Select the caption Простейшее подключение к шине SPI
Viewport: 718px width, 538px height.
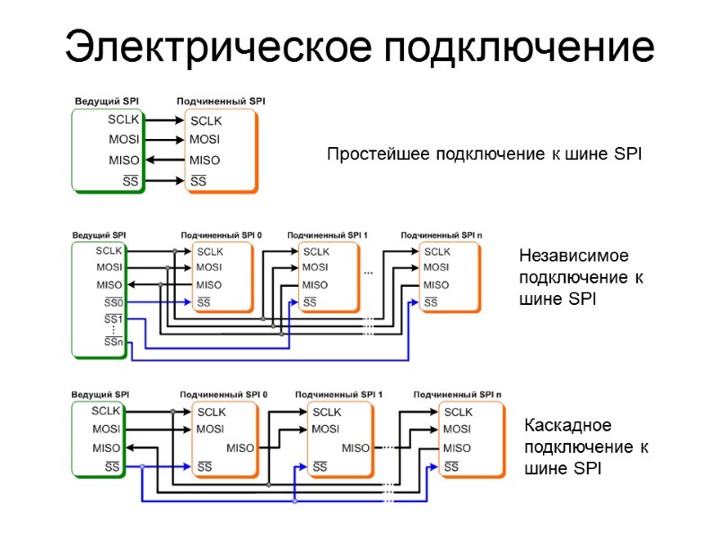[x=484, y=154]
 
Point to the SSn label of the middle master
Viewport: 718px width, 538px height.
[x=113, y=341]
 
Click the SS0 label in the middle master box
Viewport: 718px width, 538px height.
[x=112, y=302]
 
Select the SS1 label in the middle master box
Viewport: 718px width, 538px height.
[x=113, y=319]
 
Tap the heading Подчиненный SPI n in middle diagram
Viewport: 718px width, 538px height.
[x=441, y=235]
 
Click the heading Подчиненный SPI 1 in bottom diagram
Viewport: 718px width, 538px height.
[x=339, y=395]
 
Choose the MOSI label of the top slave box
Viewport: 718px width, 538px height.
[x=205, y=140]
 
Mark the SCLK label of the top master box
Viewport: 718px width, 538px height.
[x=124, y=119]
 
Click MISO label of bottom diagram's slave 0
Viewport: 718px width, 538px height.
[x=240, y=448]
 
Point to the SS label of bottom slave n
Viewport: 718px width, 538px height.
[x=451, y=466]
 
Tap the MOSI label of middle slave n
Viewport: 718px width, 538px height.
[x=436, y=267]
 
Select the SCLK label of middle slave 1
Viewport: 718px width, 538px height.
[x=316, y=251]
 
